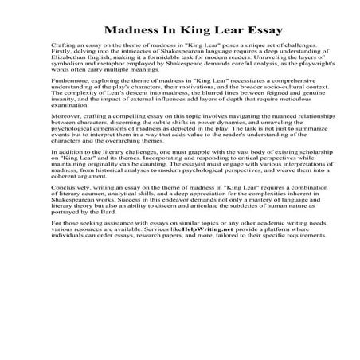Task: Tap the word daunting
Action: tap(197, 180)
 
